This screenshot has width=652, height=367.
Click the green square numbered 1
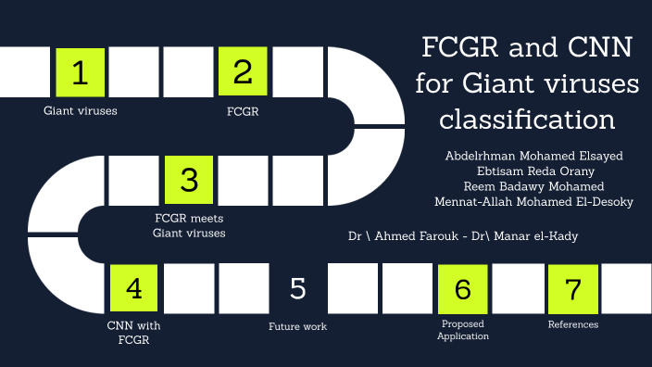(81, 72)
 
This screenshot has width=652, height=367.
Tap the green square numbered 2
(244, 72)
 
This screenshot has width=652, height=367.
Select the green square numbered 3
(189, 180)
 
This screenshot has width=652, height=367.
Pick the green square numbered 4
(134, 288)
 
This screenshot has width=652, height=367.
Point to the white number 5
(297, 288)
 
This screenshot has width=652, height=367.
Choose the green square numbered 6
(462, 288)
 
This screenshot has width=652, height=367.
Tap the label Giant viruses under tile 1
(81, 111)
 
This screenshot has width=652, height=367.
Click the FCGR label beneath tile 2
(243, 111)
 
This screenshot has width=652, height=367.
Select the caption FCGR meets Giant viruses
(189, 225)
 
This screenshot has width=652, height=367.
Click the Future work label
(297, 326)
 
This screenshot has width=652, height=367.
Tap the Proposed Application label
(463, 330)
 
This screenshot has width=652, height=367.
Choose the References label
(572, 324)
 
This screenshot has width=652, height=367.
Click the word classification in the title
(527, 120)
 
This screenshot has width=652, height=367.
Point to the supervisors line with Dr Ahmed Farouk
(463, 236)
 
